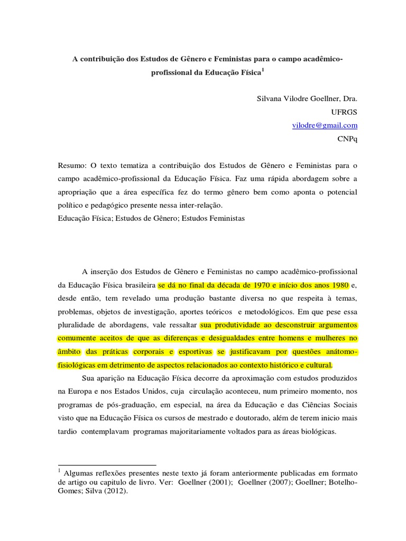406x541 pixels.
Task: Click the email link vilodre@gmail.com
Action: pyautogui.click(x=325, y=125)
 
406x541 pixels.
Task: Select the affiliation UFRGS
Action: pyautogui.click(x=344, y=112)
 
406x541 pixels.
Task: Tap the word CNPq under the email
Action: pyautogui.click(x=347, y=139)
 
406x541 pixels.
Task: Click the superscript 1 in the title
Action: pyautogui.click(x=263, y=71)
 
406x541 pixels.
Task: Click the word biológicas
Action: pyautogui.click(x=316, y=432)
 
